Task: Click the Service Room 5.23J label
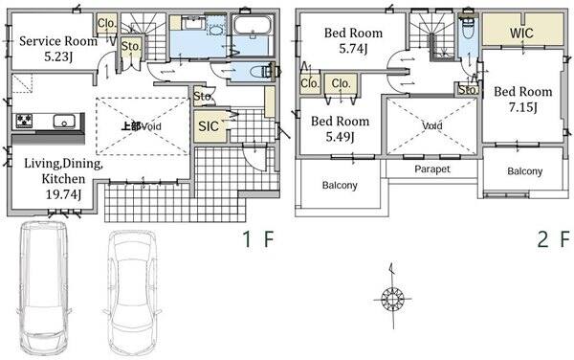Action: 58,48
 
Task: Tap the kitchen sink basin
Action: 64,122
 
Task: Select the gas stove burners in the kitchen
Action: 23,121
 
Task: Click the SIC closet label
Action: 209,126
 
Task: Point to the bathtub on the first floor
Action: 253,25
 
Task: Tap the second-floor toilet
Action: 468,27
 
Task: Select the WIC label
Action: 521,33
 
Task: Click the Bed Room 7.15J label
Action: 523,99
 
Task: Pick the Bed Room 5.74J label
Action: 353,40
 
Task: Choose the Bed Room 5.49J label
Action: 340,128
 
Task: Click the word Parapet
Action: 432,169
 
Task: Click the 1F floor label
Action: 258,239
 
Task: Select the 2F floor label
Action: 554,239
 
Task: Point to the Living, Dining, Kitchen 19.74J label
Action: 63,178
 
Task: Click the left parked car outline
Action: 44,286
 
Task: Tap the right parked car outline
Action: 133,292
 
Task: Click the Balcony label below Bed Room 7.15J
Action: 524,171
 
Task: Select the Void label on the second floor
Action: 432,126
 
